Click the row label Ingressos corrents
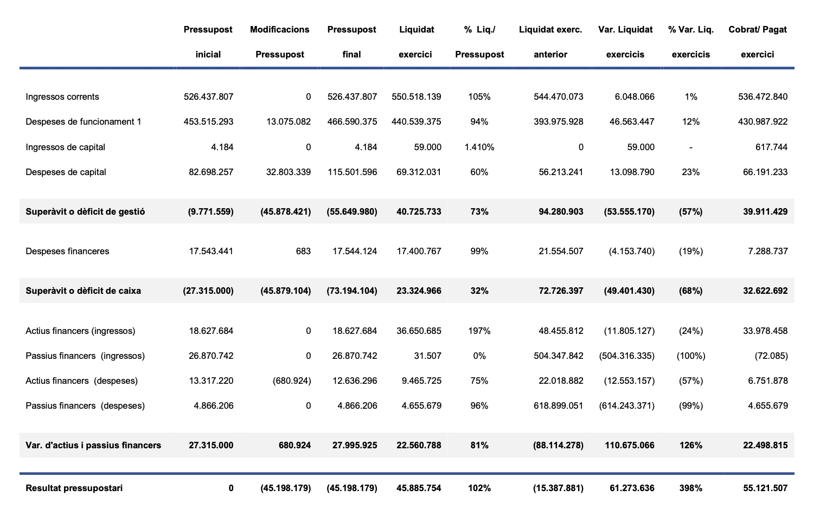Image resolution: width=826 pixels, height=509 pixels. pos(62,97)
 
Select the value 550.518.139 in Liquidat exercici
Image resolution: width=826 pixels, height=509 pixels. pos(416,97)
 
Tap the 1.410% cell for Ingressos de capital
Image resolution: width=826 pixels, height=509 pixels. pos(479,147)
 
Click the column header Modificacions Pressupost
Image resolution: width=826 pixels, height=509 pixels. pos(279,42)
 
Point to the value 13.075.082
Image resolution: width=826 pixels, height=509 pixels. pos(289,122)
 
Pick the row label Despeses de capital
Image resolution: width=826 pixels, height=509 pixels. pos(66,172)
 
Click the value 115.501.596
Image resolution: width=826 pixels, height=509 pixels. pos(352,172)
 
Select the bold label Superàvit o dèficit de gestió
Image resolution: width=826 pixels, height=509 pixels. pos(85,212)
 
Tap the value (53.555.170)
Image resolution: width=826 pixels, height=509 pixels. pos(629,212)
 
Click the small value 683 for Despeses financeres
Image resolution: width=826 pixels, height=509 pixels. pos(303,252)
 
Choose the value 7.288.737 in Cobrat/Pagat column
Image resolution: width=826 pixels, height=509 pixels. pos(767,252)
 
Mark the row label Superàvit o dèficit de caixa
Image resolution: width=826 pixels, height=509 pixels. pos(83,291)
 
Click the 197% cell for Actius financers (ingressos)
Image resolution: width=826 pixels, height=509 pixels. pos(479,331)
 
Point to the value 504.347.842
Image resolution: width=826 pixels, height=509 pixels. pos(558,356)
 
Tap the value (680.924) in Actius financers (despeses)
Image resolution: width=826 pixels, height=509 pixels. pos(291,381)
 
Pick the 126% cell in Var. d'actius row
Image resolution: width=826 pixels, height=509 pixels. pos(690,446)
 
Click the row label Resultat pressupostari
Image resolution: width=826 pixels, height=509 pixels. pos(74,488)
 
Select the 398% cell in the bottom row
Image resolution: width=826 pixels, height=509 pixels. pos(690,488)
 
